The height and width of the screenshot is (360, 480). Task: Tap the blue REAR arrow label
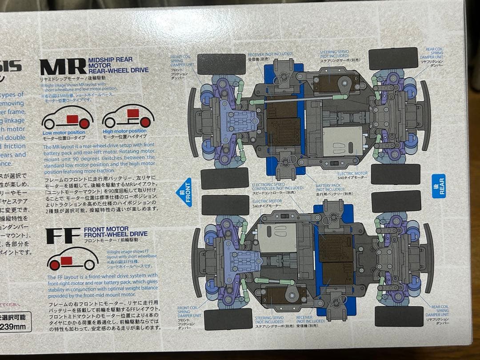438,185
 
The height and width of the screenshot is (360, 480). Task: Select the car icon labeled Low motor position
67,118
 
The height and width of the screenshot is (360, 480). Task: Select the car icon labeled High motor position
128,116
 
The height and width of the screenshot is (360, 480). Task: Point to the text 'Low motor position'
64,132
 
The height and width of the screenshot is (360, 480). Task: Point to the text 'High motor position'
124,131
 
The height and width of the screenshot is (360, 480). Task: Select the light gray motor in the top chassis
342,141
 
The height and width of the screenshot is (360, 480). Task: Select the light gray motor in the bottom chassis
277,238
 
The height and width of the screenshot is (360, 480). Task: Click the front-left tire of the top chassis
221,64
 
